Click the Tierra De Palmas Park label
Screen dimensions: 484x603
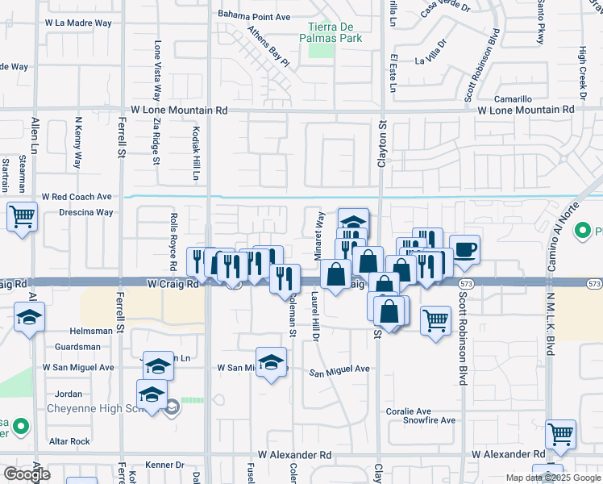331,31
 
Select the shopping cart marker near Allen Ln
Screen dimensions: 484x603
22,216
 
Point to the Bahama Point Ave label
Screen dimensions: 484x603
254,16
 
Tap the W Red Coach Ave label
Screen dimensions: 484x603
77,196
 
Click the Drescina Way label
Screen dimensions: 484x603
86,212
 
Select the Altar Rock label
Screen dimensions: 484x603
69,441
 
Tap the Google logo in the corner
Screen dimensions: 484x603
27,474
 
